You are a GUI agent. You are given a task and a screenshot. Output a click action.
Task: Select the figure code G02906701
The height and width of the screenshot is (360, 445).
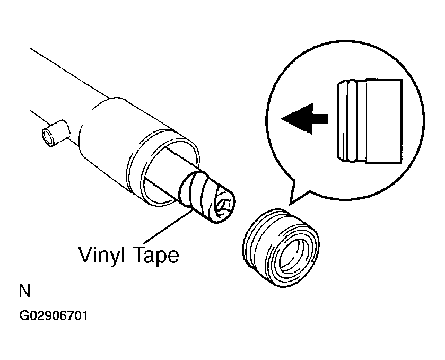tap(54, 315)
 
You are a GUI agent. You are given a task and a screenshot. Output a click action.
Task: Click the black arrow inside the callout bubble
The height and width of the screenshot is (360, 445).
tap(304, 119)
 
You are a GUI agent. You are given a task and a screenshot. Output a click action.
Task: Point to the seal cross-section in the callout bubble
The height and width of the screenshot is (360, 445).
tap(370, 121)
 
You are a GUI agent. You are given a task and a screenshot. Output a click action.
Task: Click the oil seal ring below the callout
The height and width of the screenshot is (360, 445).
tap(281, 248)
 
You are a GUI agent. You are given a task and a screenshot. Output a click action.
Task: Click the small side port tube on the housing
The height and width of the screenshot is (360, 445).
tap(56, 133)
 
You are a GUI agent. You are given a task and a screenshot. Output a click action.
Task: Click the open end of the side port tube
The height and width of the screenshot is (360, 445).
tap(48, 137)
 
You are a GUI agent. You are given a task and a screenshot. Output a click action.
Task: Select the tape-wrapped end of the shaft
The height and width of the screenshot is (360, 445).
tap(207, 197)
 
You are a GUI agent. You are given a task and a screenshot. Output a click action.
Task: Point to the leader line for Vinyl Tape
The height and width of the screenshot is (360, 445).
tap(168, 227)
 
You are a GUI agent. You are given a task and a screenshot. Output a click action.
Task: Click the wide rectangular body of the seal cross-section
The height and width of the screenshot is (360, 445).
tap(384, 121)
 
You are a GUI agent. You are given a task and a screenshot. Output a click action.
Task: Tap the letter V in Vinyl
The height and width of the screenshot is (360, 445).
tap(85, 254)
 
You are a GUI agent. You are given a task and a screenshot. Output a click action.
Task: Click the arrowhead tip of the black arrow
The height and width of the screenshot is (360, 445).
tap(281, 119)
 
